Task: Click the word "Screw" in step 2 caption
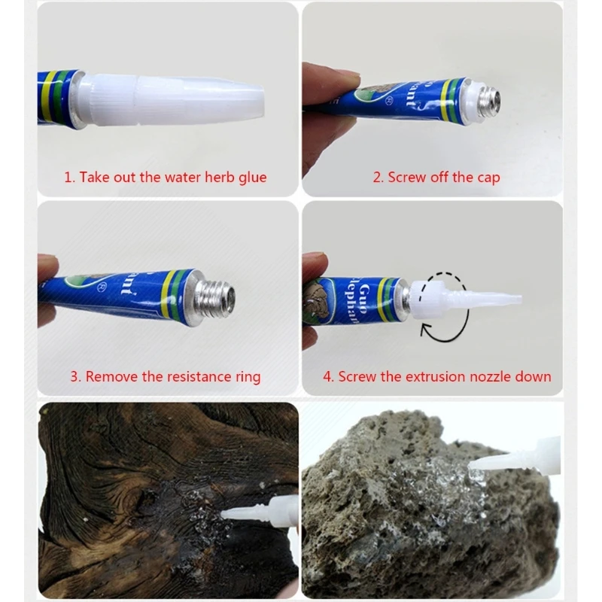(406, 178)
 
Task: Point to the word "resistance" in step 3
(189, 376)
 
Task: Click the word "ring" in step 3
(246, 376)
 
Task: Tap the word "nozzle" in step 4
(482, 376)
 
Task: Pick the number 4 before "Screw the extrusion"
(327, 376)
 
